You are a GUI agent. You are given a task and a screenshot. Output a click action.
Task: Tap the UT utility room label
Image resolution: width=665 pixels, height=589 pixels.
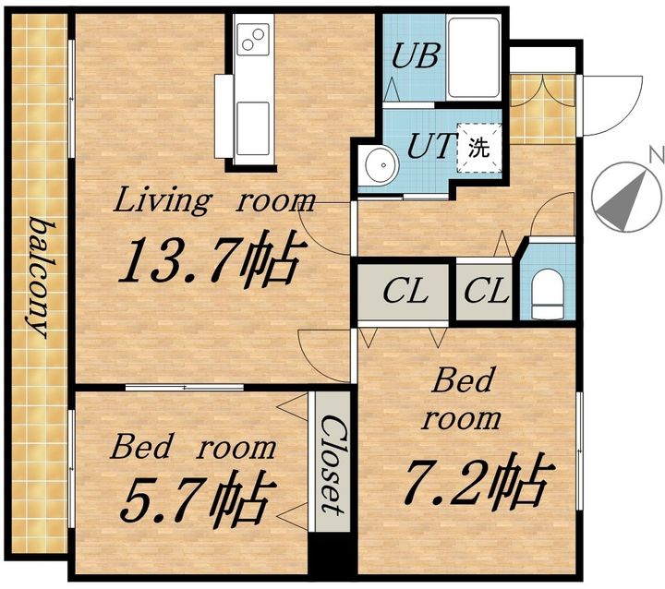[x=430, y=146]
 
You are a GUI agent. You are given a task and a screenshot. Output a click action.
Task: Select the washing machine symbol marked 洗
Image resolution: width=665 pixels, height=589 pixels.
[x=479, y=147]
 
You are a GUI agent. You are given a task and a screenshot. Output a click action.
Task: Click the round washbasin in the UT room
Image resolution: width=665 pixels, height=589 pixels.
[x=379, y=165]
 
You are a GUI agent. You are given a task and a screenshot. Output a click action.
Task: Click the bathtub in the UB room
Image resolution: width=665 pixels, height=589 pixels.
[x=473, y=57]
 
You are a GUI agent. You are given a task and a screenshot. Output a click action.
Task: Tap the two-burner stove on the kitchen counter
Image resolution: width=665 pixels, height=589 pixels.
[x=253, y=39]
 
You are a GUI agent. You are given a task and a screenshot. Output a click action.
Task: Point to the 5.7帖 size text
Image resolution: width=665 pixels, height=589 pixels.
[x=195, y=496]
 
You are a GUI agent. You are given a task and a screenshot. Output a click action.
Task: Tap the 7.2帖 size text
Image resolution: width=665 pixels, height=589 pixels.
[x=478, y=479]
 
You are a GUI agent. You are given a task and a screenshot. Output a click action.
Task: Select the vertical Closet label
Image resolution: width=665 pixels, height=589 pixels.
[x=332, y=464]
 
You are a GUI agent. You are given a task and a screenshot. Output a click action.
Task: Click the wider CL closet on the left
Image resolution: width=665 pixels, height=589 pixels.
[x=403, y=292]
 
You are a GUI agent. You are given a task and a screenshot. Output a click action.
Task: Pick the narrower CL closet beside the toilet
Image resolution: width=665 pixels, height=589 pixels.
[x=484, y=292]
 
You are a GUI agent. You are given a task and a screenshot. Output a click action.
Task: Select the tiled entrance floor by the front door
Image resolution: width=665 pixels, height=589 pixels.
[x=542, y=109]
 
